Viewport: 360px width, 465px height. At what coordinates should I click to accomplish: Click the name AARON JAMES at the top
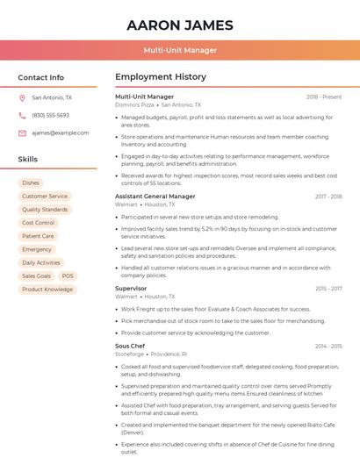[180, 25]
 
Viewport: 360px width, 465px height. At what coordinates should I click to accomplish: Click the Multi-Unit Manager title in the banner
[180, 50]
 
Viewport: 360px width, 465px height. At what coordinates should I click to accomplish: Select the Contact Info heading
[40, 77]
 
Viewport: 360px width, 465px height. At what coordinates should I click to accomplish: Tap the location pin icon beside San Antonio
[22, 98]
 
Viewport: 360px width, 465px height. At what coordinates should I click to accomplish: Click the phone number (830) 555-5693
[50, 116]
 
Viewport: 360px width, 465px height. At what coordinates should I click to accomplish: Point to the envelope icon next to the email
[22, 133]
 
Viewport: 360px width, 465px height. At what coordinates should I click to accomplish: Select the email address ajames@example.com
[61, 133]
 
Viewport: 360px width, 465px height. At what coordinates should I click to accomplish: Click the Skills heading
[28, 160]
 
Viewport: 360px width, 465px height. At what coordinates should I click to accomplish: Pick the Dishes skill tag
[31, 183]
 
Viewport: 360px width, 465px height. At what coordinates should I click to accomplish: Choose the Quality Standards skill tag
[45, 210]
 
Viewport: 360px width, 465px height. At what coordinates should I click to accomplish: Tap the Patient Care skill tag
[38, 236]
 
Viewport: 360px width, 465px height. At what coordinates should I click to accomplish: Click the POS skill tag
[68, 275]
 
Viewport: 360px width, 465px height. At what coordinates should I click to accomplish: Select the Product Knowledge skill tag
[47, 290]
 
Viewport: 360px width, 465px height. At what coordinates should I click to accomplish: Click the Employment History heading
[160, 77]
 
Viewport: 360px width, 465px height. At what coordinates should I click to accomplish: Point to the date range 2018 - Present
[324, 97]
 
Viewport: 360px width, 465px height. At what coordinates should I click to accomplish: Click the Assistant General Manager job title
[155, 197]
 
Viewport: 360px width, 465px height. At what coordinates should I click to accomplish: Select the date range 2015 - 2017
[328, 288]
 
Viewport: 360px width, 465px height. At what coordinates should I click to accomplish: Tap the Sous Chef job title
[130, 346]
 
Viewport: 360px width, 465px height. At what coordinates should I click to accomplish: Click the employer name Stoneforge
[128, 354]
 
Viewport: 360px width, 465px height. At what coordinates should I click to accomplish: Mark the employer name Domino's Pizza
[134, 104]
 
